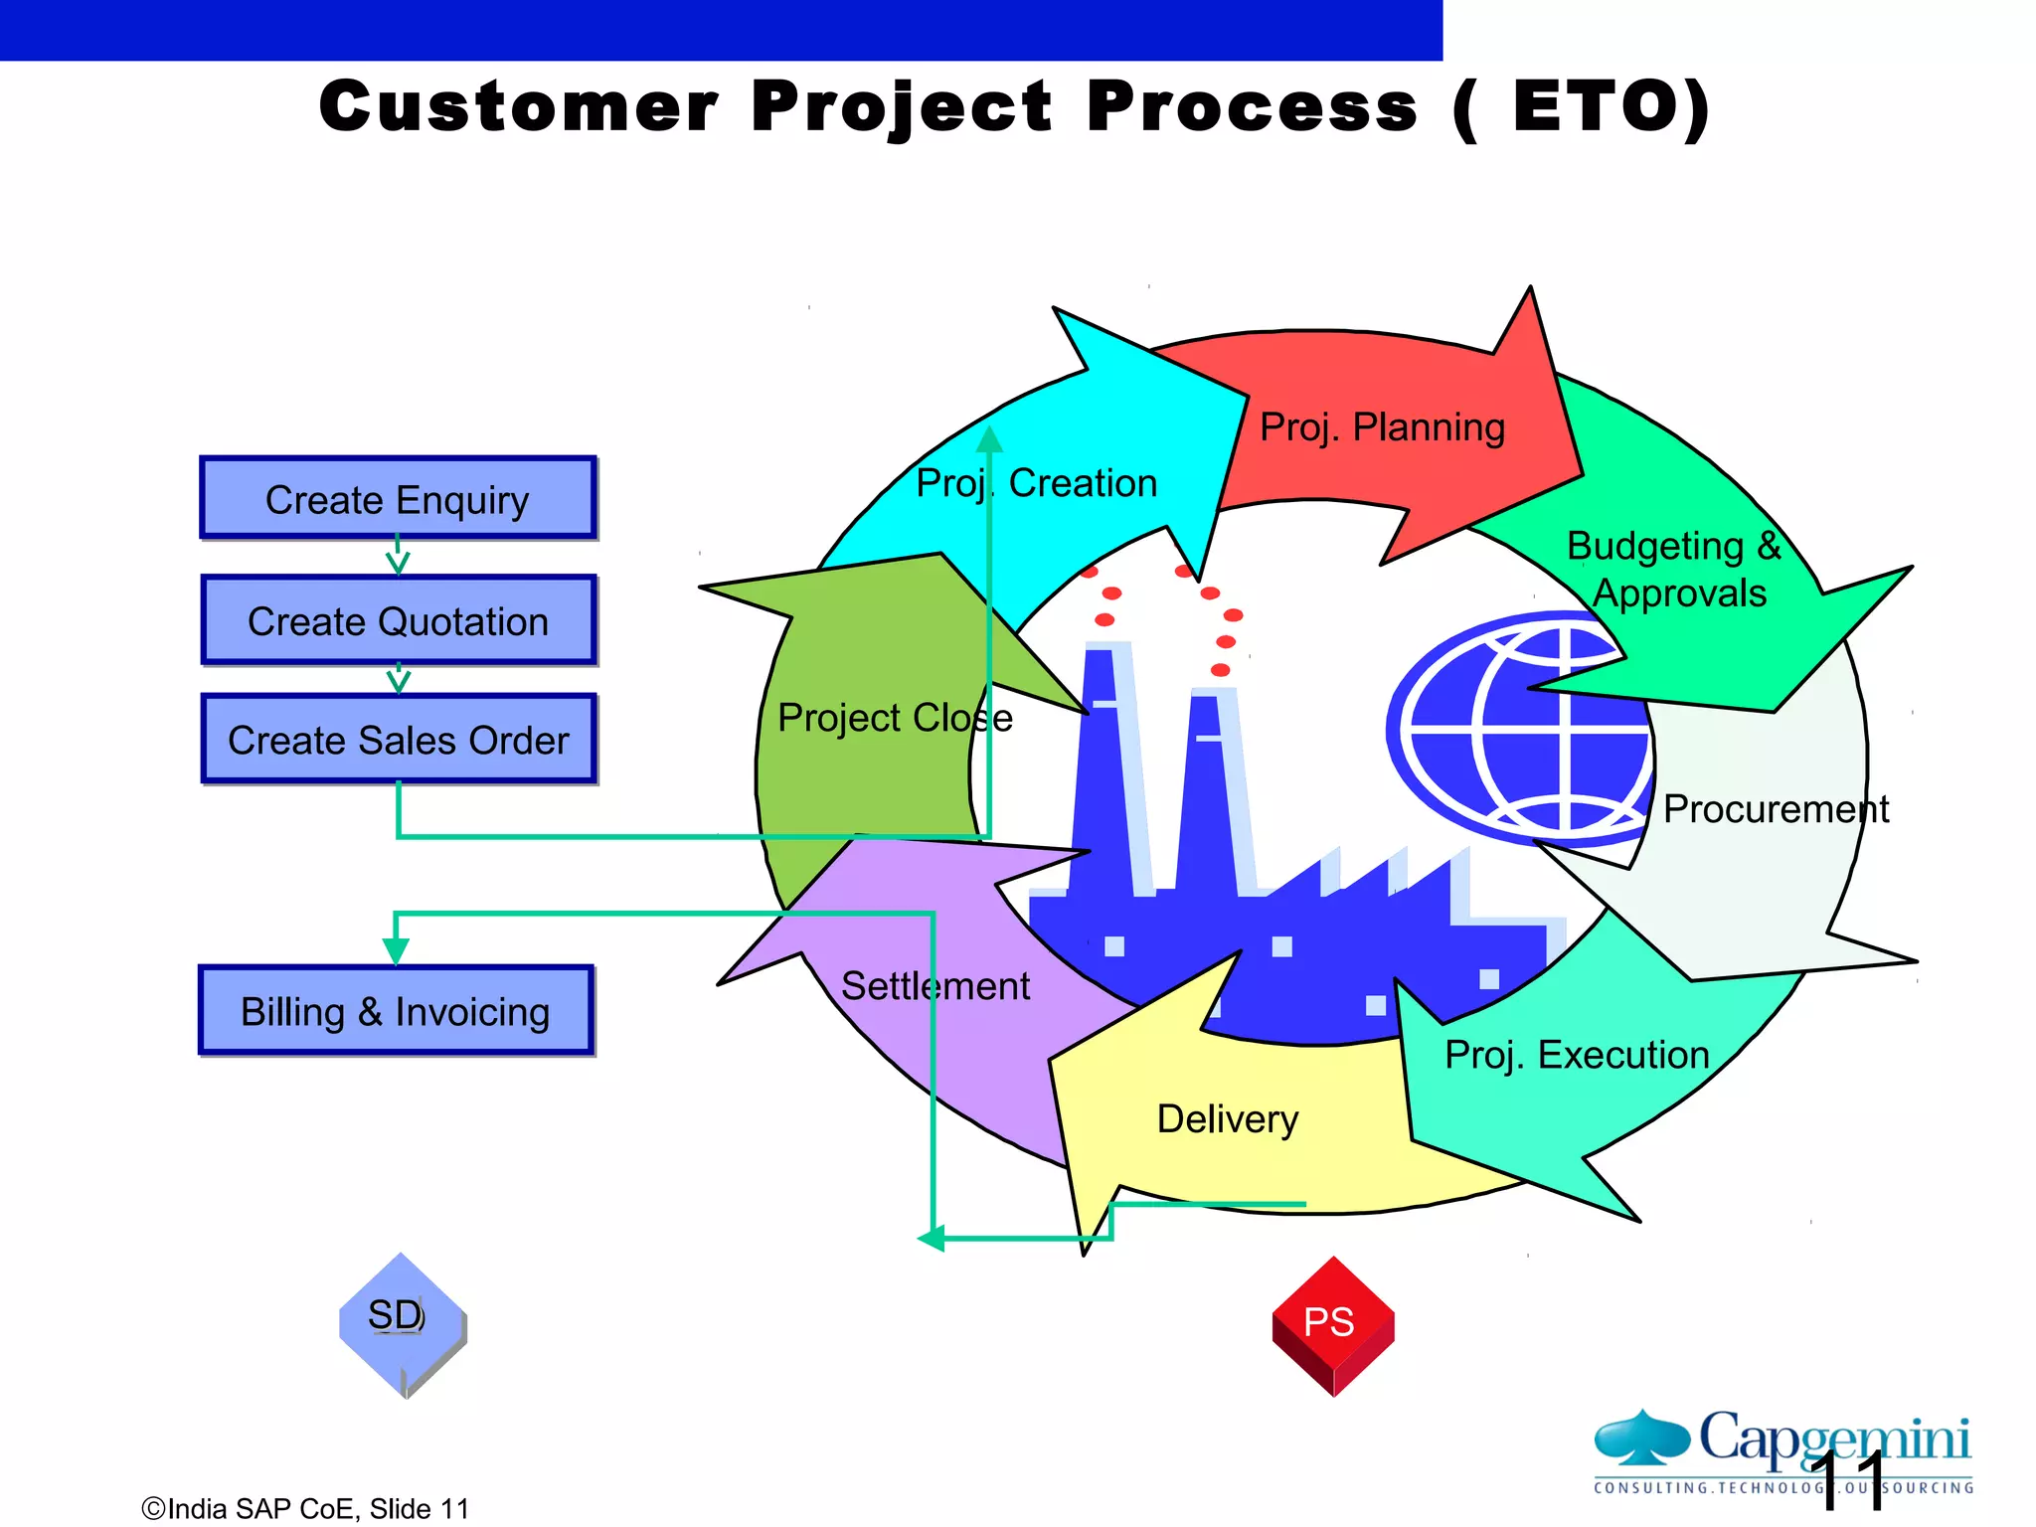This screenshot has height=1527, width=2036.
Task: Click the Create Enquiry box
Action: pos(398,499)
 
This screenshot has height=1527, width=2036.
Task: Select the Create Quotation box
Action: pos(398,621)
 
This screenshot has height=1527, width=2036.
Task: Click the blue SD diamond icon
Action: pos(401,1322)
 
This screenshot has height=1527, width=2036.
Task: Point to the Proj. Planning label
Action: pos(1382,427)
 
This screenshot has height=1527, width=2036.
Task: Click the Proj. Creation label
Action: pos(1036,483)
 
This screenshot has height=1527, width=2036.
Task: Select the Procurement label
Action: pos(1776,809)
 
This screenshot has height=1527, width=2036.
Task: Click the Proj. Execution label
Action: pos(1577,1055)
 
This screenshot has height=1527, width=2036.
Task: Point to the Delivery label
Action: pos(1228,1119)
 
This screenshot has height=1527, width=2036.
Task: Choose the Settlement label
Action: pos(934,986)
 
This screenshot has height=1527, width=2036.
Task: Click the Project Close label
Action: pos(895,718)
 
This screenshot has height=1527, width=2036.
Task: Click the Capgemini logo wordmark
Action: pos(1834,1439)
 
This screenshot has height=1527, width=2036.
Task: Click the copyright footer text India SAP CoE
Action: pos(304,1509)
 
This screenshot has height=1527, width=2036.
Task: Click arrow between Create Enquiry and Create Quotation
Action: pos(398,557)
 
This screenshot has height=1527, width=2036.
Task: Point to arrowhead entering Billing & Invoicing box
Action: pos(396,951)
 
